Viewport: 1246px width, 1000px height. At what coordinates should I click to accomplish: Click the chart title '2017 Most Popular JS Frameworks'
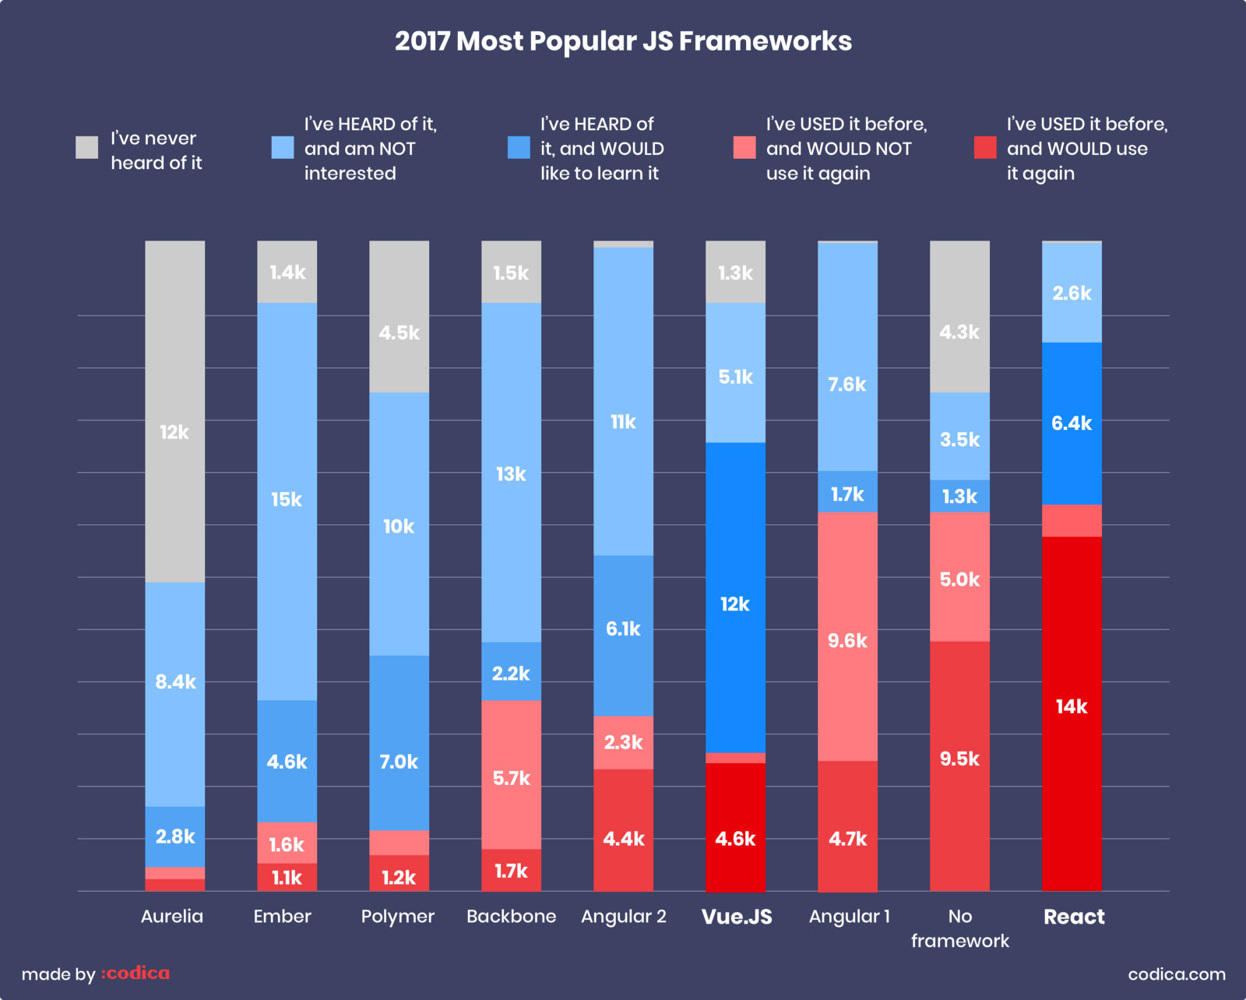pos(623,41)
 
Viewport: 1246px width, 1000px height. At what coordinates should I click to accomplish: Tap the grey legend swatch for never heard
pos(86,147)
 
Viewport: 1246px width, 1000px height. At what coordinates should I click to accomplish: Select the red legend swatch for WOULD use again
pos(985,147)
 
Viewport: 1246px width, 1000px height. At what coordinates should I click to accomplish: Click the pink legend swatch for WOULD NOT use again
pos(744,147)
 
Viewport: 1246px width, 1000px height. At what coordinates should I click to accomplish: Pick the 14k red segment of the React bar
pos(1072,713)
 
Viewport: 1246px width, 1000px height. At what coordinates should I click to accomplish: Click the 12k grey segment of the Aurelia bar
pos(174,411)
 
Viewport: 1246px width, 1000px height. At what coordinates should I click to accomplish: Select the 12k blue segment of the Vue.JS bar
pos(735,597)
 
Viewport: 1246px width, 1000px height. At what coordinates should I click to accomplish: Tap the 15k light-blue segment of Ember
pos(287,501)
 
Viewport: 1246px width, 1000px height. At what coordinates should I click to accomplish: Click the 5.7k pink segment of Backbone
pos(511,774)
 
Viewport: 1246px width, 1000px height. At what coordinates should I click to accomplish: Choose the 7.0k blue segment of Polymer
pos(399,742)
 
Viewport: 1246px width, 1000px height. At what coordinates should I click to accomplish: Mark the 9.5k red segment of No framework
pos(959,766)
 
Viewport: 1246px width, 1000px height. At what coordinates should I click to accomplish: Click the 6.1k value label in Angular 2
pos(623,629)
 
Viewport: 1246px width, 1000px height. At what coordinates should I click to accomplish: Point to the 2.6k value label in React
pos(1072,294)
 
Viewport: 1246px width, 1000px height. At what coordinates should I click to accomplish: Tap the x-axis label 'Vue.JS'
pos(737,917)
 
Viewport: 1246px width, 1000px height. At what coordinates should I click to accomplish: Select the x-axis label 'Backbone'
pos(511,917)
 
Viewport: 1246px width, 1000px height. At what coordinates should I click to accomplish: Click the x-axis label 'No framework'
pos(959,928)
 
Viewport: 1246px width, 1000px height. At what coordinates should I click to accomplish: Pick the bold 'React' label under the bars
pos(1073,917)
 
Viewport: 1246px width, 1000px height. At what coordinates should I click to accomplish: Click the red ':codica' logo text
pos(136,974)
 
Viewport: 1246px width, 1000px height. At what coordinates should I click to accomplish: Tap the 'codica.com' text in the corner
pos(1176,974)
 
